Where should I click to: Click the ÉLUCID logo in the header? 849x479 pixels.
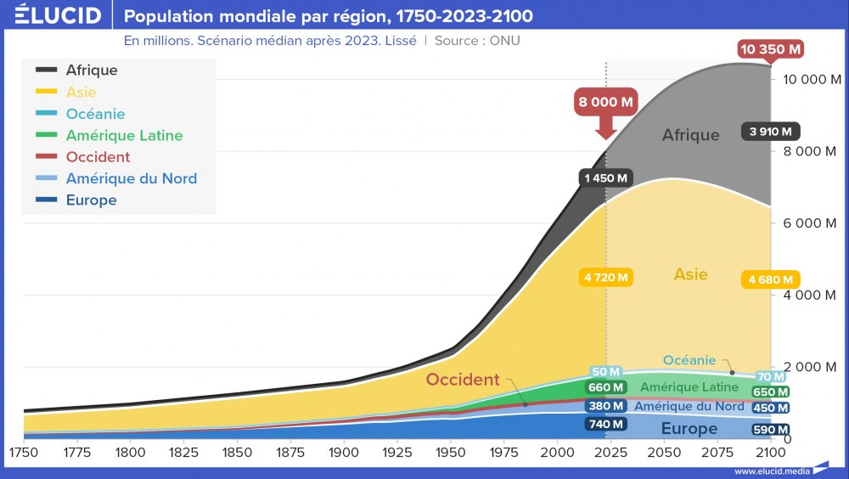tap(58, 14)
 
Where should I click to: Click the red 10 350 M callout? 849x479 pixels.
tap(771, 49)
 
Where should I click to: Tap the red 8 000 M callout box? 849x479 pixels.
tap(605, 103)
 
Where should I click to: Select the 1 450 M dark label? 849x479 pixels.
tap(605, 178)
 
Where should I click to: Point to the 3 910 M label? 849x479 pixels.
tap(770, 132)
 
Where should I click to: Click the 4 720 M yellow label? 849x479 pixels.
tap(606, 277)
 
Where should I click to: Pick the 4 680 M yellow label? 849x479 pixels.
tap(770, 279)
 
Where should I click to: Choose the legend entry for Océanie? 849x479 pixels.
tap(95, 114)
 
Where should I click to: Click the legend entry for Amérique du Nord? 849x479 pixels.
tap(131, 178)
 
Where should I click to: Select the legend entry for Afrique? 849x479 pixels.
tap(92, 70)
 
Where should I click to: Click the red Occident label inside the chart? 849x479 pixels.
tap(462, 380)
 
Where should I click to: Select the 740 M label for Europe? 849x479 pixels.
tap(605, 424)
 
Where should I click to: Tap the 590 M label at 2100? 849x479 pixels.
tap(770, 430)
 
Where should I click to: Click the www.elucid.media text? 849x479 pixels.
tap(770, 471)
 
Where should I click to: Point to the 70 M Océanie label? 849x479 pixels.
tap(770, 377)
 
